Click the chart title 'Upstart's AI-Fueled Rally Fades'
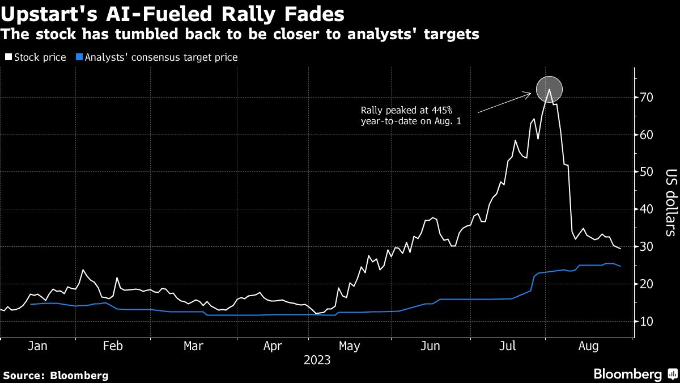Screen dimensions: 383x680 tap(172, 13)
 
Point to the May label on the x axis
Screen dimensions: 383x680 tap(349, 346)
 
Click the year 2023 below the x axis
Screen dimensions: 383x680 tap(318, 360)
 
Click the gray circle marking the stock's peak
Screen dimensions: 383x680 tap(549, 89)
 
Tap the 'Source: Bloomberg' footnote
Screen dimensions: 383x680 tap(56, 375)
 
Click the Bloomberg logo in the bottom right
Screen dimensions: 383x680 tap(634, 374)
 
